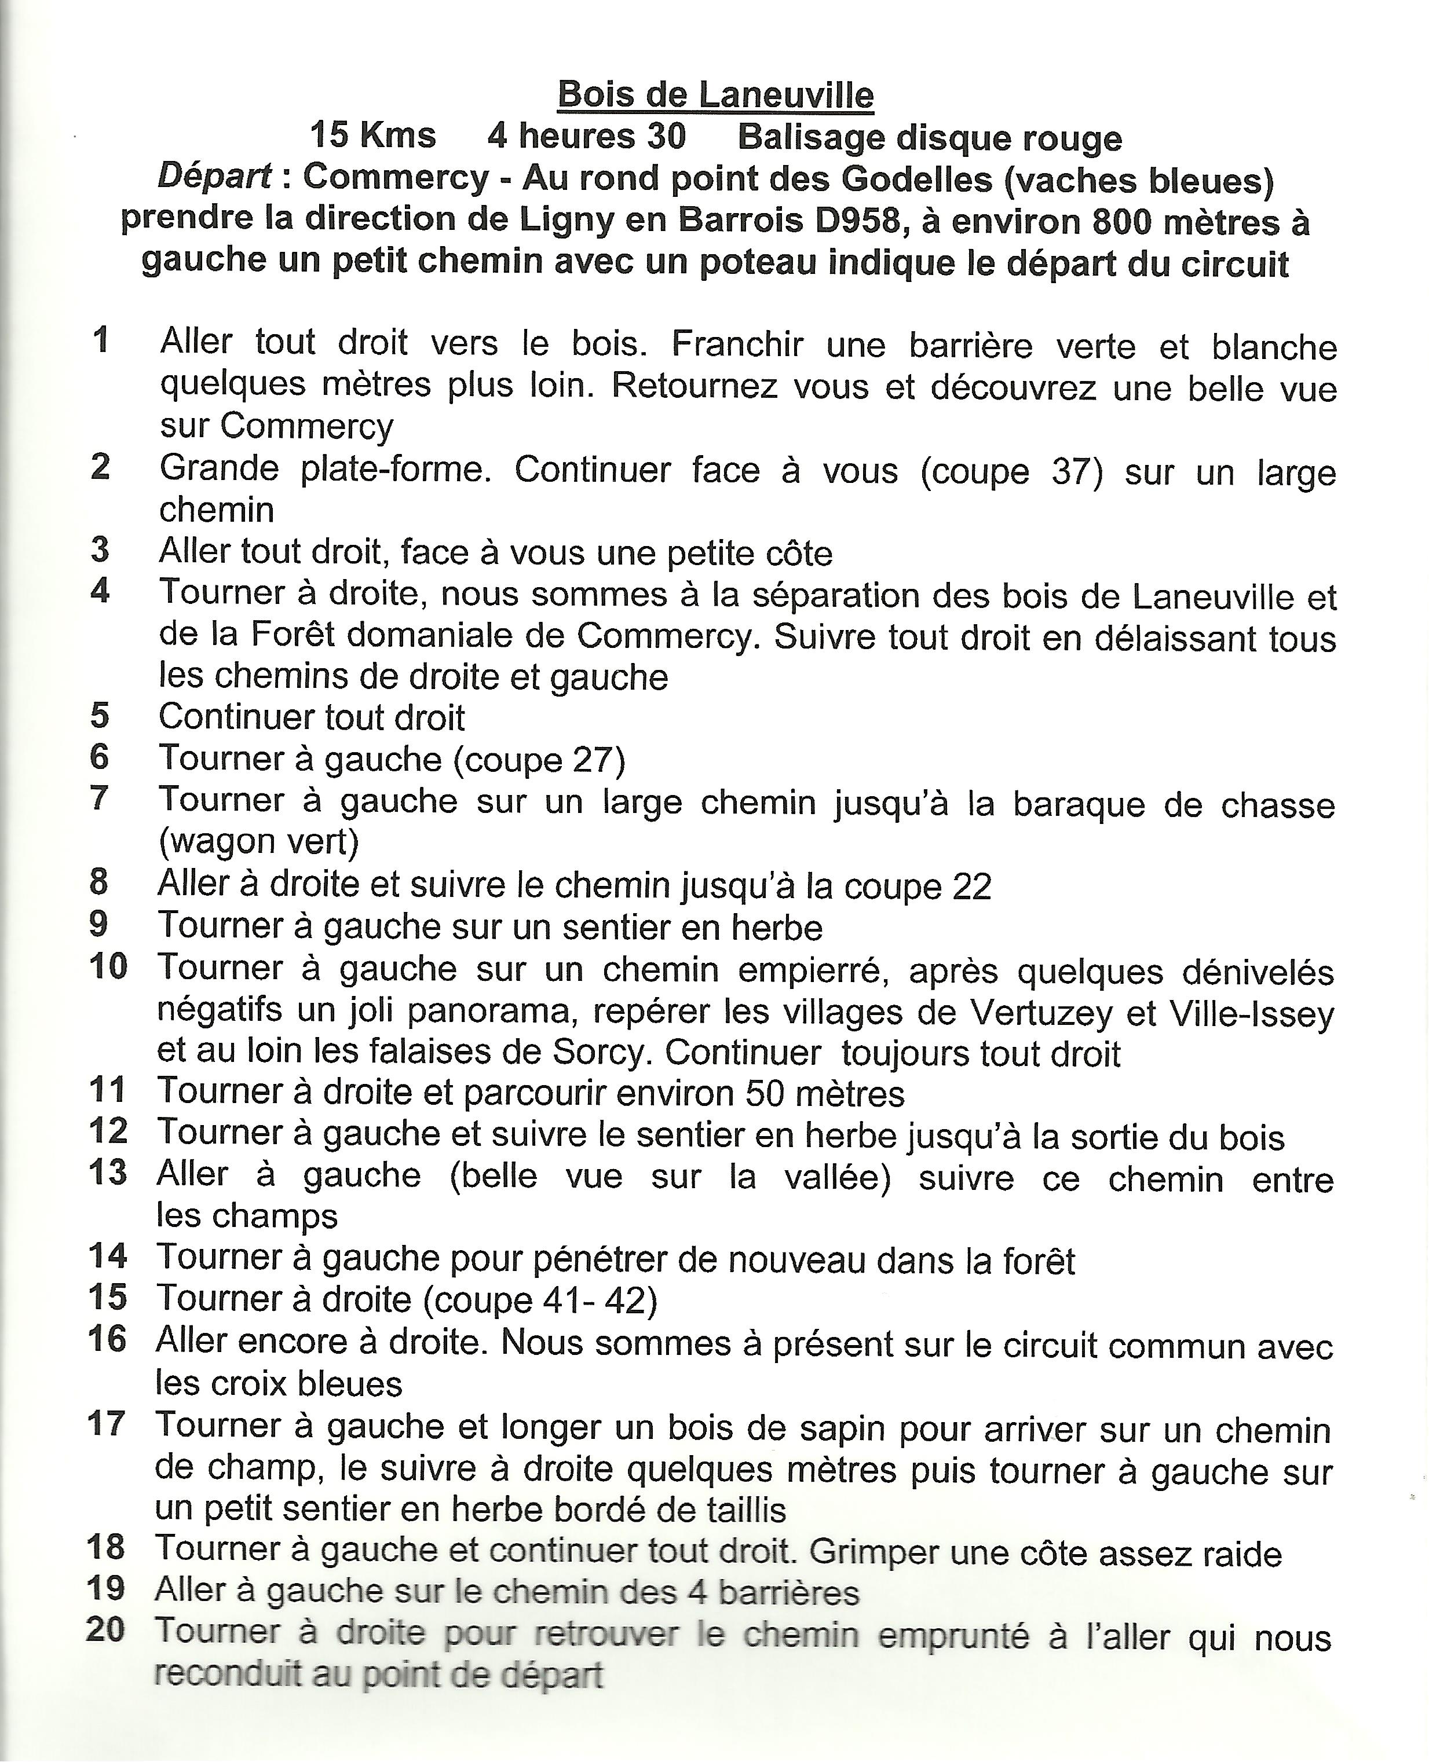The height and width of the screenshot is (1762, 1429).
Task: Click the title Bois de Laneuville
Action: point(715,96)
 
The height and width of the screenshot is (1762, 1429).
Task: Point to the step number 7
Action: point(100,798)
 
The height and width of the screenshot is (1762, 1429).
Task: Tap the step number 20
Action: point(105,1629)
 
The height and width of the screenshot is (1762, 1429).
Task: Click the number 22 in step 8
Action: point(971,887)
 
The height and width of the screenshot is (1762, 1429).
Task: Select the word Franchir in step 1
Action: point(737,344)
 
